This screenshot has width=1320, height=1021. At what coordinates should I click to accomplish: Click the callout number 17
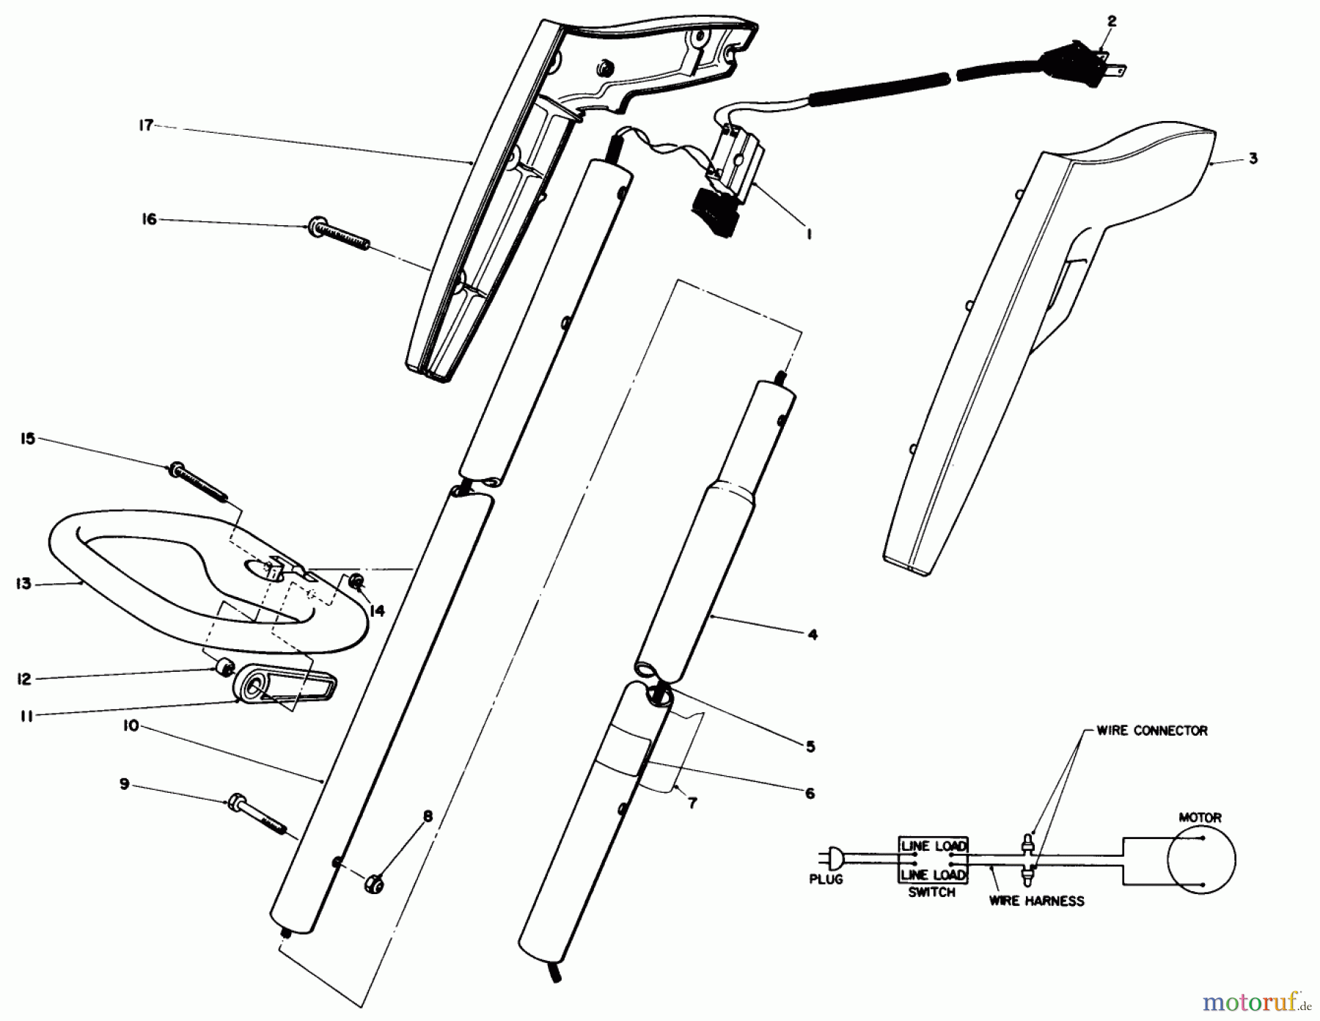point(146,125)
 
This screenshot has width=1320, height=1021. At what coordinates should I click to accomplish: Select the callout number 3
point(1253,158)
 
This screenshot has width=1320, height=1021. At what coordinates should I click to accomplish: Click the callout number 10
point(131,726)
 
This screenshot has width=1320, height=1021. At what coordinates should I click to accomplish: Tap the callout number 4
point(812,635)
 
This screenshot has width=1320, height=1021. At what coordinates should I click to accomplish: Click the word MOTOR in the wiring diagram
point(1200,816)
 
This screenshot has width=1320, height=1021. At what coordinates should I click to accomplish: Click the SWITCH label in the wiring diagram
point(931,893)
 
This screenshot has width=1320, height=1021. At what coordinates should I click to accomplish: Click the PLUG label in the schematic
point(826,879)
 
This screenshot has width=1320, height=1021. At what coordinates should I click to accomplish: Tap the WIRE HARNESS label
point(1036,900)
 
